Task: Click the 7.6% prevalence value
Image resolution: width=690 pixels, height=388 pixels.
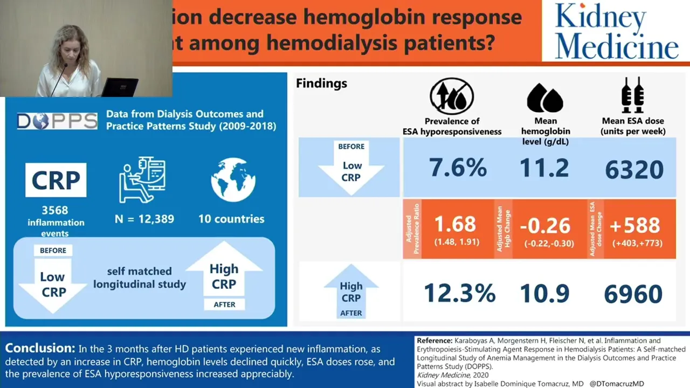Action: point(458,168)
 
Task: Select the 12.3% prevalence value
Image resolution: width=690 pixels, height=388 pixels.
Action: point(459,293)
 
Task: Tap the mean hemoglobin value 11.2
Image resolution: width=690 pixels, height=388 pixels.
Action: point(544,168)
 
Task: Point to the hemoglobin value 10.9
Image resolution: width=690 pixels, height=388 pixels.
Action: point(544,293)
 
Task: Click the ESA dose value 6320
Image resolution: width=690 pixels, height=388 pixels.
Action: point(634,170)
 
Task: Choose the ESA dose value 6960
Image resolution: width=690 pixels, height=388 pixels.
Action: point(633,294)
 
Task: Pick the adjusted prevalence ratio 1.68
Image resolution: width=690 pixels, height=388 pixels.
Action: point(455,224)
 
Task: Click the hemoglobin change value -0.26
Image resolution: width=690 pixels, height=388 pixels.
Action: point(545,225)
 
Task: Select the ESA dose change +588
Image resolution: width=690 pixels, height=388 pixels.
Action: point(634,225)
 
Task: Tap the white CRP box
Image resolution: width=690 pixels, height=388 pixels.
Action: point(56,180)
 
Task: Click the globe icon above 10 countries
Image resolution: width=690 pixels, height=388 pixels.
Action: point(232,181)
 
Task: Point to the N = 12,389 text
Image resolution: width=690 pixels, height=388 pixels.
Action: point(144,219)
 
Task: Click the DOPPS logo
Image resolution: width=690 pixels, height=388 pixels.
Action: point(57,121)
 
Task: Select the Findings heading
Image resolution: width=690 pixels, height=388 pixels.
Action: point(321,84)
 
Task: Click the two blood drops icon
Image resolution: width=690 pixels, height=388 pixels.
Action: point(544,98)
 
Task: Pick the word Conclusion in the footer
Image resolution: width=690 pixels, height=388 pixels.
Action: point(39,348)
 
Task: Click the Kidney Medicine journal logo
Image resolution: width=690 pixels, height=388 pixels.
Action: point(616,30)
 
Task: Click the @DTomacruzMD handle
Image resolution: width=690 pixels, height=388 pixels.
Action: point(617,384)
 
